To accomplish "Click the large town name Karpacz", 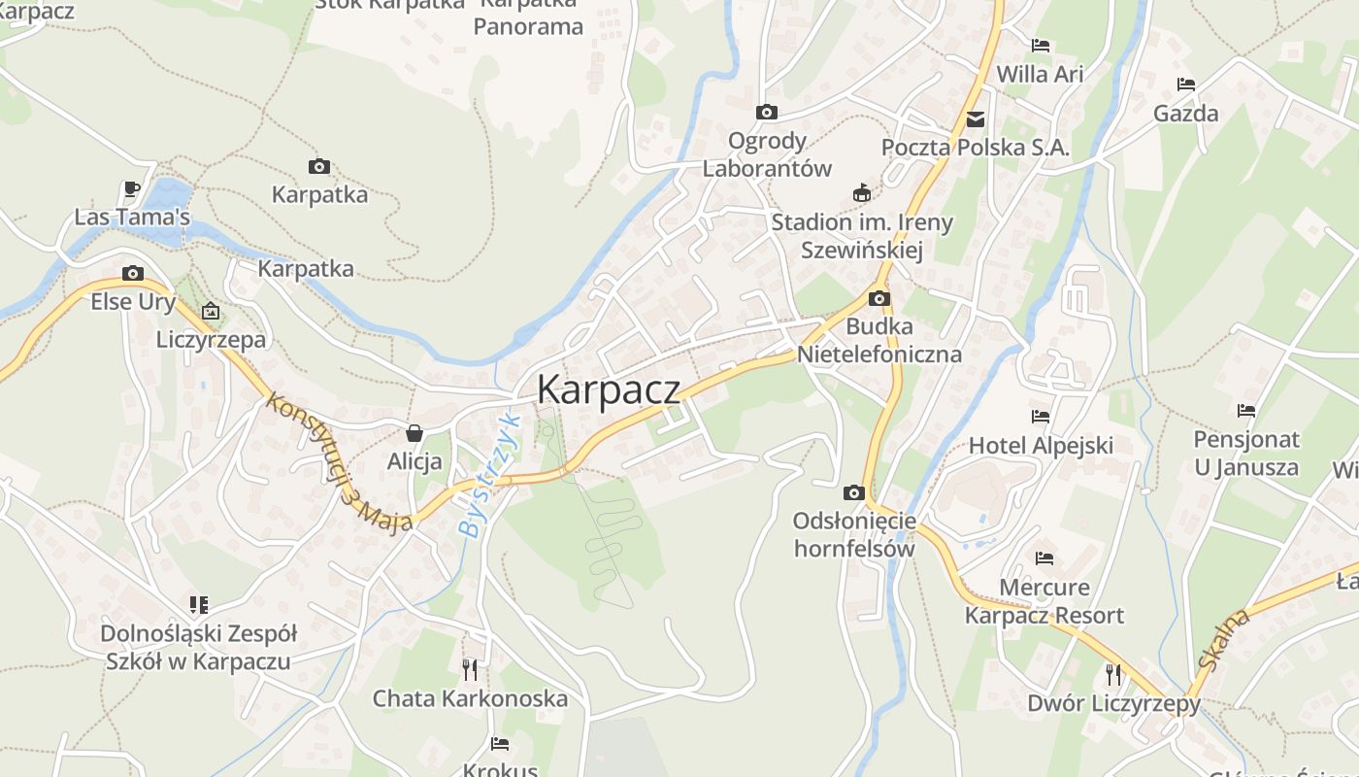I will point(608,389).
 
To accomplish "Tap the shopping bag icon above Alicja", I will point(414,432).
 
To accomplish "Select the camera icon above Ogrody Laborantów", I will point(767,112).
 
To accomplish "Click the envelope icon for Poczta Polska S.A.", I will point(976,119).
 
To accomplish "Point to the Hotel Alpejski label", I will point(1041,446).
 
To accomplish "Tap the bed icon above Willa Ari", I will point(1041,45).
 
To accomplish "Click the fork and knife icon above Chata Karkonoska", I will point(470,669).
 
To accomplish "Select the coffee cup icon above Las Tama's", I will point(132,188).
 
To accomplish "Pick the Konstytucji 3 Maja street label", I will point(339,461).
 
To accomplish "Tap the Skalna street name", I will point(1223,638).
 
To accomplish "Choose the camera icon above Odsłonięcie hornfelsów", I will point(854,492).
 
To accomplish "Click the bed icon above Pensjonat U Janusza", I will point(1246,411).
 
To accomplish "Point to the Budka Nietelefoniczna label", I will point(879,340).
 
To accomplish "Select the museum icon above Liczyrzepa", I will point(211,312).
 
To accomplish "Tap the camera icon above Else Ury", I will point(133,273).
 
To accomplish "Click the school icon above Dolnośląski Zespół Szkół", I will point(199,605).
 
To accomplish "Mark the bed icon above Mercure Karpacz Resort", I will point(1044,558).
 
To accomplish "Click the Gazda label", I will point(1185,114).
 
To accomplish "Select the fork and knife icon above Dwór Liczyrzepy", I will point(1113,674).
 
